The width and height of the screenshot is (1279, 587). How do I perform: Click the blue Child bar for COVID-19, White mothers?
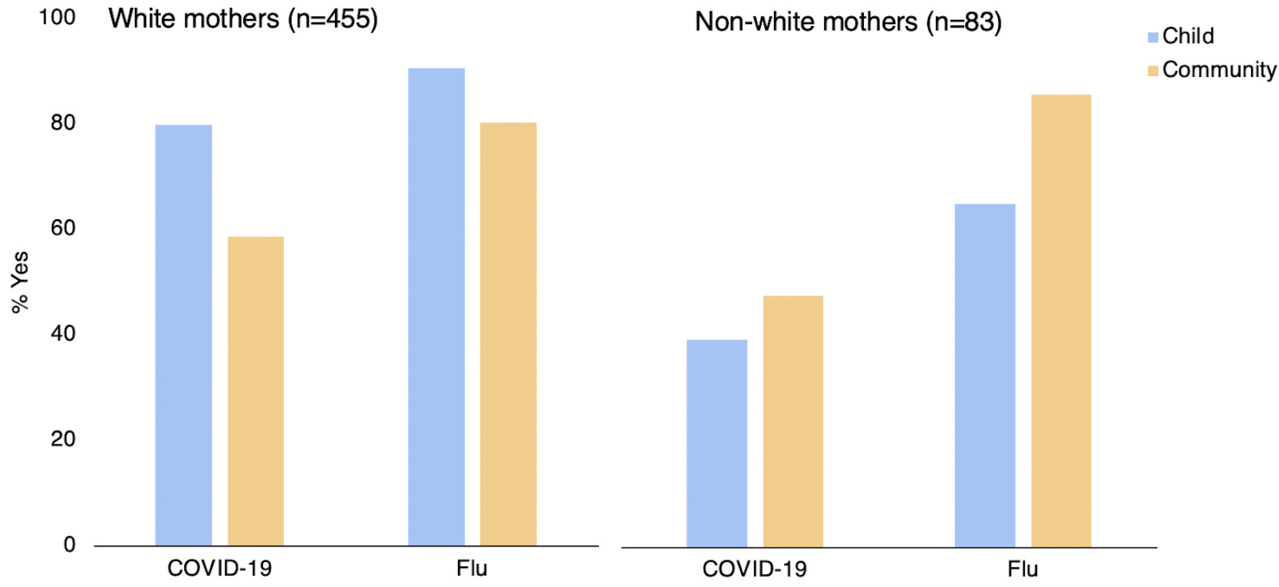coord(183,335)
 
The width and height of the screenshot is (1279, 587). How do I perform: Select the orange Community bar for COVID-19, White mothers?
coord(256,391)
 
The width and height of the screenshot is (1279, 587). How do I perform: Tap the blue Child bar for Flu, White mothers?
coord(437,307)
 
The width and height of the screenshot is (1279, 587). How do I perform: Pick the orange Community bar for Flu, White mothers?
coord(508,334)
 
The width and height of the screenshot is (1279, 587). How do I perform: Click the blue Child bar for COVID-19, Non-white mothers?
coord(716,443)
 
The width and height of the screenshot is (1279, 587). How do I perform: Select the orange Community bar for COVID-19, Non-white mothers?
coord(793,421)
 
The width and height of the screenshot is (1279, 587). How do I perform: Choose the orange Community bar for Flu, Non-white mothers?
coord(1061,321)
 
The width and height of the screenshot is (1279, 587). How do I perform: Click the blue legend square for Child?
coord(1153,37)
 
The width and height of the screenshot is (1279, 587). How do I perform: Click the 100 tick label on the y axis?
coord(57,18)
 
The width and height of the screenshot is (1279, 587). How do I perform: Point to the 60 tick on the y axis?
coord(63,228)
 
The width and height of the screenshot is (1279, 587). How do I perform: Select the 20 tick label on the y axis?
coord(63,439)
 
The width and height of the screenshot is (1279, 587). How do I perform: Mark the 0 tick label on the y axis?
coord(69,545)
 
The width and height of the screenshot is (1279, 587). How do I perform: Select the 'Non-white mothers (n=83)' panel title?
coord(848,22)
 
